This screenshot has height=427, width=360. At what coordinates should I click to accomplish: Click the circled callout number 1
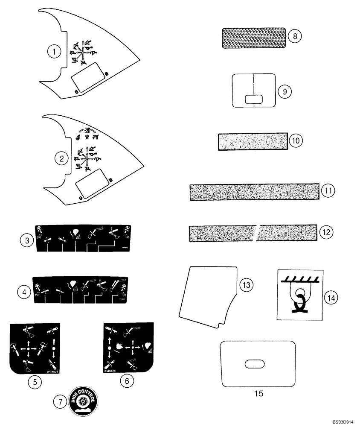54,52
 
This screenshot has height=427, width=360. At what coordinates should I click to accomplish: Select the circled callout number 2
62,159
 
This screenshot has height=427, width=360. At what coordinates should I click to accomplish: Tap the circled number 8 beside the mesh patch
294,36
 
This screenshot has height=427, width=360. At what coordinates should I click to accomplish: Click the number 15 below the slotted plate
258,393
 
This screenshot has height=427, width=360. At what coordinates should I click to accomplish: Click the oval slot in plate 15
254,364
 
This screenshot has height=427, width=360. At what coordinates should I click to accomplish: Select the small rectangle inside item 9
253,99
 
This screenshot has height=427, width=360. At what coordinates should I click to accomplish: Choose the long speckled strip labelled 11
254,192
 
